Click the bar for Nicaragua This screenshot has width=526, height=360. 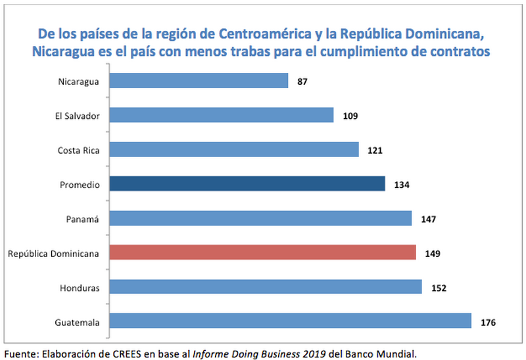pyautogui.click(x=198, y=81)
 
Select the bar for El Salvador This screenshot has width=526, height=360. pyautogui.click(x=221, y=115)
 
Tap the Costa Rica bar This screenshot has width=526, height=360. pyautogui.click(x=233, y=149)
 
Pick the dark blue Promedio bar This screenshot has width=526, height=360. pyautogui.click(x=247, y=184)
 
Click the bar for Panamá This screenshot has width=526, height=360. pyautogui.click(x=260, y=218)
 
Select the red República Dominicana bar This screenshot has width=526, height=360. pyautogui.click(x=262, y=252)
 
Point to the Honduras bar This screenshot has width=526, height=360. pyautogui.click(x=265, y=287)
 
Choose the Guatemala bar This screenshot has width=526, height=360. pyautogui.click(x=290, y=321)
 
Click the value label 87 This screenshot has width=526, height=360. pyautogui.click(x=302, y=81)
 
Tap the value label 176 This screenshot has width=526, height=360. pyautogui.click(x=487, y=322)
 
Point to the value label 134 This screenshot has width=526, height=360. pyautogui.click(x=402, y=185)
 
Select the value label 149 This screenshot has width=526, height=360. pyautogui.click(x=433, y=253)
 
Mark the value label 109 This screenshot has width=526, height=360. pyautogui.click(x=350, y=116)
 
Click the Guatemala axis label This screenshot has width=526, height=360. pyautogui.click(x=78, y=322)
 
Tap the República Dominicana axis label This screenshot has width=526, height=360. pyautogui.click(x=53, y=253)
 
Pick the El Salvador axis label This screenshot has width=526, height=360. pyautogui.click(x=77, y=116)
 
